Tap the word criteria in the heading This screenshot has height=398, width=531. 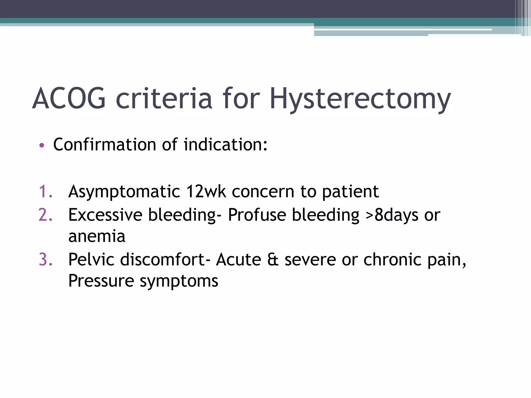point(164,98)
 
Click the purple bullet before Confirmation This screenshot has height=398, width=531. point(42,145)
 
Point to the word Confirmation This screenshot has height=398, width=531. point(104,144)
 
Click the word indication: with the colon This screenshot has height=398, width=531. point(225,144)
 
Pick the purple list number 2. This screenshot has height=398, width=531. point(45,215)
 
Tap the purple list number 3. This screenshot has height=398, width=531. point(45,259)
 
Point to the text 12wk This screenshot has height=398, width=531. point(206,192)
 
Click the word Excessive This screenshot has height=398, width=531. point(105,215)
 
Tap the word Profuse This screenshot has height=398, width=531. point(257,215)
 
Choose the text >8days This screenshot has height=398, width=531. point(392,215)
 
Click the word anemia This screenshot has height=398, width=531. point(97,237)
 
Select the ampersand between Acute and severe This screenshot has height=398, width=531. point(273,260)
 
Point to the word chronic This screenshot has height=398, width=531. point(392,259)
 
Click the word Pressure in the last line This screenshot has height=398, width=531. point(101,281)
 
